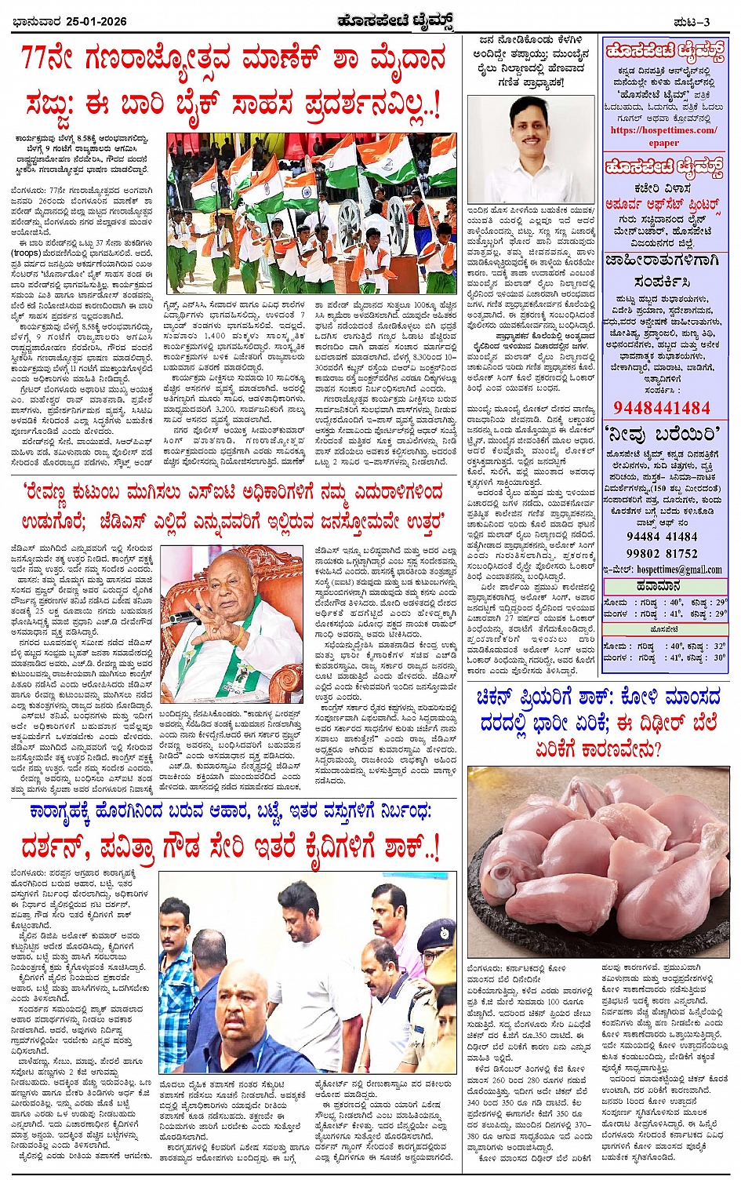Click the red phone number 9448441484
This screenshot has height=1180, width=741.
pos(661,408)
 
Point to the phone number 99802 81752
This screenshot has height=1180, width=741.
pos(661,553)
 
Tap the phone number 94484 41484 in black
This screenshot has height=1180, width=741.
pos(661,537)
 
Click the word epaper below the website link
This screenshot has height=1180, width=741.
pos(663,143)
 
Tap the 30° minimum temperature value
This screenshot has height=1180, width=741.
pos(719,658)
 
